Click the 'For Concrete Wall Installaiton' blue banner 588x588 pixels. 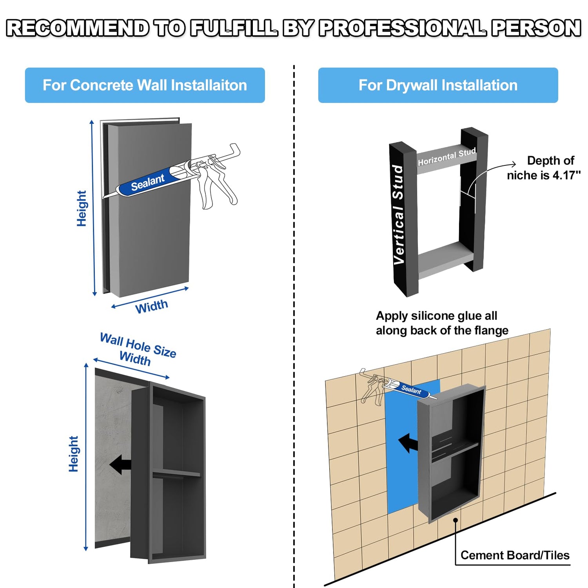point(145,85)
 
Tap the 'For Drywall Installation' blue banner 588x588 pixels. point(438,85)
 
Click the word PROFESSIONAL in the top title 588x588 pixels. point(403,28)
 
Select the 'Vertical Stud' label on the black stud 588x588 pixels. point(399,214)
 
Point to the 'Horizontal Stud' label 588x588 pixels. point(447,157)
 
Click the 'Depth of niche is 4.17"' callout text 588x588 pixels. point(544,168)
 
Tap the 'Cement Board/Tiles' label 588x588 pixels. point(515,555)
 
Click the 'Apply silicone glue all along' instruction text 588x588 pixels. point(442,323)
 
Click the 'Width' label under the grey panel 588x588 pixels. point(152,306)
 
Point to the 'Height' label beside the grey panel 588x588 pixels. point(81,208)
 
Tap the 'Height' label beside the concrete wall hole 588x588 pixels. point(73,454)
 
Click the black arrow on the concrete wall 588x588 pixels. point(120,465)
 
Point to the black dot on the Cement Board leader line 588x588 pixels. point(456,520)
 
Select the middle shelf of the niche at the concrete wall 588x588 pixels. point(176,473)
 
